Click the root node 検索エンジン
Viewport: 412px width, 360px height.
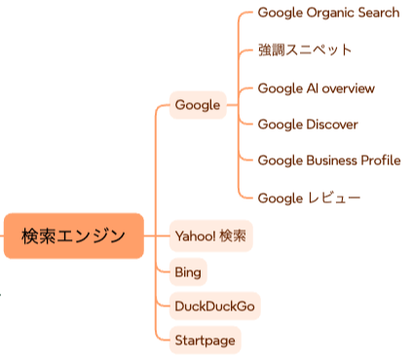tap(73, 235)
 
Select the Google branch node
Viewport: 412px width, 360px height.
tap(197, 105)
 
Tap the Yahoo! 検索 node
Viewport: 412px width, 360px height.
tap(210, 235)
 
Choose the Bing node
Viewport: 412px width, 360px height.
tap(187, 271)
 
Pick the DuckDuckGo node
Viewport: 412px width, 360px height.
tap(215, 306)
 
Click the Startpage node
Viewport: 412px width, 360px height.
tap(204, 341)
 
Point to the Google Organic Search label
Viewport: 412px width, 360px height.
tap(328, 13)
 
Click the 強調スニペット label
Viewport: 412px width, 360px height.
tap(305, 50)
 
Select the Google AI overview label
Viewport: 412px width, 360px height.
tap(316, 88)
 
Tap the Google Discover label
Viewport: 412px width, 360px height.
tap(308, 125)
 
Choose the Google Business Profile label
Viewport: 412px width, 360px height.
tap(329, 161)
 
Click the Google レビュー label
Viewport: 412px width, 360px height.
tap(309, 198)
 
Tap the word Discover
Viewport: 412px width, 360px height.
tap(332, 125)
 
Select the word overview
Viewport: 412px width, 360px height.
tap(348, 88)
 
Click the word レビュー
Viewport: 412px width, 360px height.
tap(334, 198)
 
